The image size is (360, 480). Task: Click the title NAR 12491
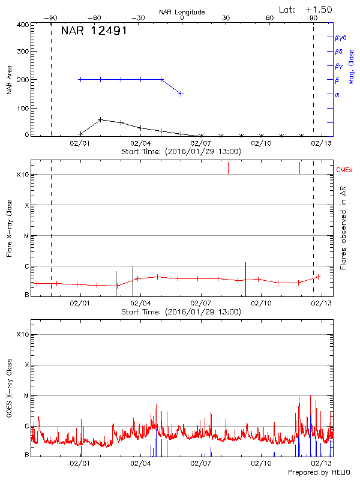pyautogui.click(x=94, y=31)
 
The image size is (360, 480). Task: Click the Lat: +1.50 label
pyautogui.click(x=306, y=9)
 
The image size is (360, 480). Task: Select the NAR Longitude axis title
pyautogui.click(x=182, y=12)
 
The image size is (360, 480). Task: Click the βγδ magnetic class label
pyautogui.click(x=340, y=37)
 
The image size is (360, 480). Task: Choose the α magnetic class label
pyautogui.click(x=337, y=94)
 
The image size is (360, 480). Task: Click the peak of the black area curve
pyautogui.click(x=100, y=119)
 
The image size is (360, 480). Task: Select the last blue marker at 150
pyautogui.click(x=181, y=94)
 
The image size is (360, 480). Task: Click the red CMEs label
pyautogui.click(x=345, y=170)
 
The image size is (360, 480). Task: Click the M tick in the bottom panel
pyautogui.click(x=26, y=395)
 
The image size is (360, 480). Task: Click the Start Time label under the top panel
pyautogui.click(x=182, y=151)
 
